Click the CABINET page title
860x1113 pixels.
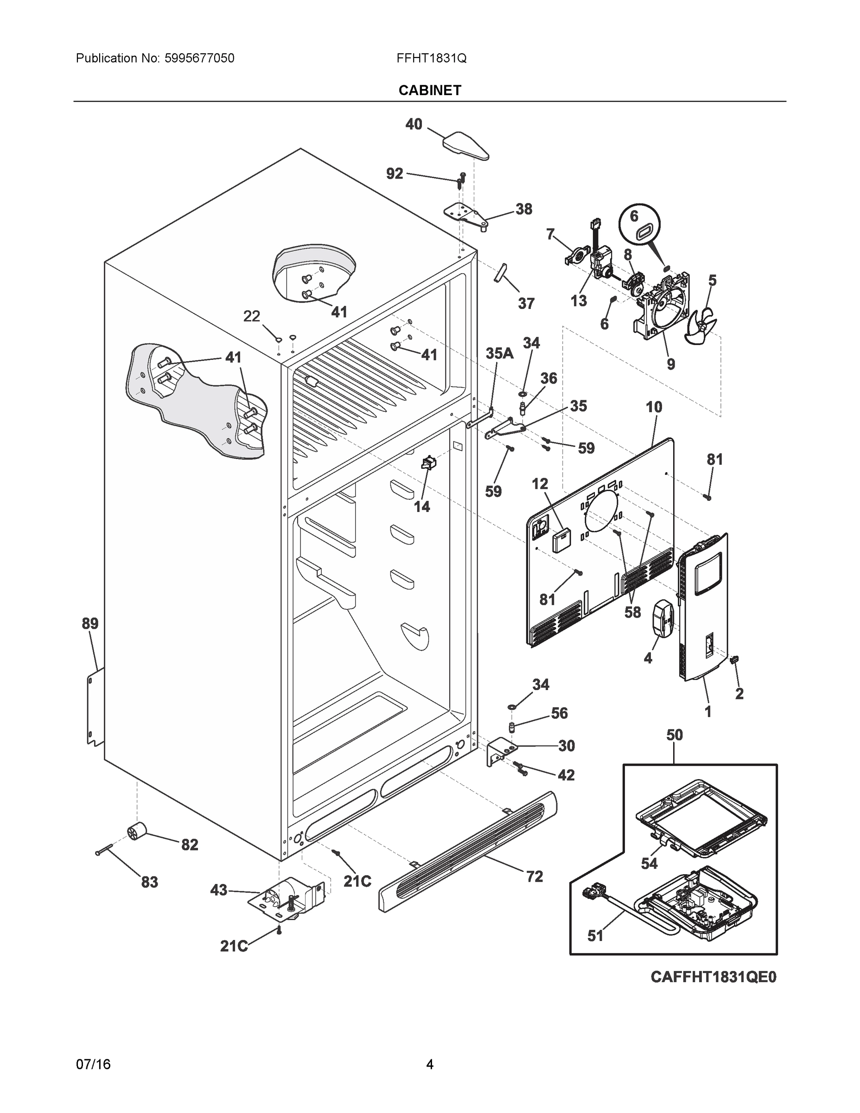click(429, 90)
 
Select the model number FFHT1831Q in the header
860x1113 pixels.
click(432, 58)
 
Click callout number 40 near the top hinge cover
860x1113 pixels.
click(414, 124)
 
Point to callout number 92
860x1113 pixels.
click(395, 174)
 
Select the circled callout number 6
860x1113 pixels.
click(634, 216)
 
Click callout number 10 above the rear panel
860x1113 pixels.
click(654, 407)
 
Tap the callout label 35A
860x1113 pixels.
click(499, 354)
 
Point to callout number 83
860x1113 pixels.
click(149, 882)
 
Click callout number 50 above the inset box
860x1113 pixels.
click(675, 735)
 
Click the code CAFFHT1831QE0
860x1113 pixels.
click(713, 977)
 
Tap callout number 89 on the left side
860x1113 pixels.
click(90, 623)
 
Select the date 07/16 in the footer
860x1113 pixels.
click(93, 1065)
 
